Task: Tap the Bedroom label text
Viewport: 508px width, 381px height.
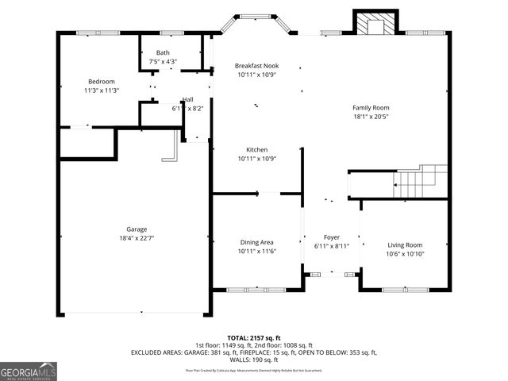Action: pyautogui.click(x=102, y=82)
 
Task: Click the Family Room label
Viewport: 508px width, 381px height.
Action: pyautogui.click(x=371, y=107)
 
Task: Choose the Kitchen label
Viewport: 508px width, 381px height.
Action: pyautogui.click(x=256, y=149)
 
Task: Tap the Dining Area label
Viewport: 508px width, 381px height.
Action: pyautogui.click(x=256, y=243)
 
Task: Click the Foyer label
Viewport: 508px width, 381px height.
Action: pyautogui.click(x=331, y=237)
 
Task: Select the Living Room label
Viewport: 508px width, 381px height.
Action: pyautogui.click(x=405, y=245)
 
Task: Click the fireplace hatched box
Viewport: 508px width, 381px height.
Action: pyautogui.click(x=370, y=25)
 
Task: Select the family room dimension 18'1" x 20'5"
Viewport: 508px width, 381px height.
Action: pyautogui.click(x=371, y=116)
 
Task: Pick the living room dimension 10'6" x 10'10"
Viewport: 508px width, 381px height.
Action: pyautogui.click(x=405, y=254)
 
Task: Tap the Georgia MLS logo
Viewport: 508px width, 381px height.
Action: pyautogui.click(x=29, y=370)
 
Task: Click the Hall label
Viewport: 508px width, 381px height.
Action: pyautogui.click(x=187, y=99)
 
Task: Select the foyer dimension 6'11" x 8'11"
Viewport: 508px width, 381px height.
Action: pyautogui.click(x=331, y=246)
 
